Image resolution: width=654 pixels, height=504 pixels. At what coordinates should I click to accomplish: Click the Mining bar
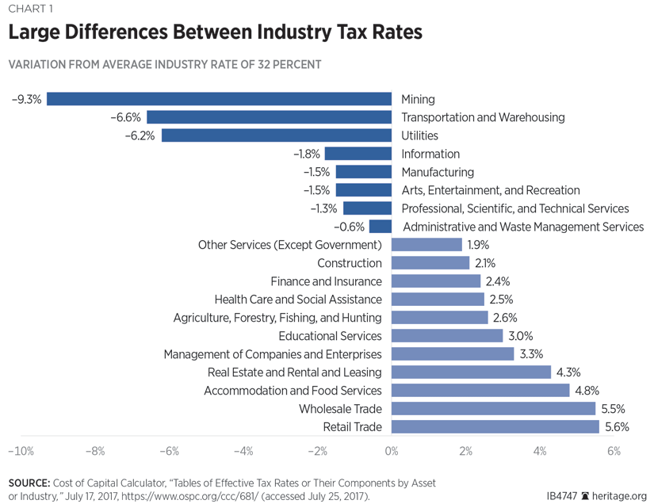tap(219, 99)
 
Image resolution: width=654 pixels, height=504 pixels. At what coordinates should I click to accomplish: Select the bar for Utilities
tap(277, 136)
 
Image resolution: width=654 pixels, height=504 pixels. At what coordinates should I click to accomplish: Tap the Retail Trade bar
tap(495, 427)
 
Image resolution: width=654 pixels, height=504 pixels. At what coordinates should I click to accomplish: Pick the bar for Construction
tap(430, 263)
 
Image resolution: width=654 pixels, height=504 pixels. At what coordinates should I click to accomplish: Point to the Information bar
tap(358, 154)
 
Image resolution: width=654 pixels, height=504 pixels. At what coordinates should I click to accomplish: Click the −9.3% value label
tap(26, 99)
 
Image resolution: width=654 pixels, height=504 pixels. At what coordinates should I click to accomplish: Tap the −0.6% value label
tap(350, 227)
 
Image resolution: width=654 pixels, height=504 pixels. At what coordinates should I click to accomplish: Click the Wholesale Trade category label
tap(340, 409)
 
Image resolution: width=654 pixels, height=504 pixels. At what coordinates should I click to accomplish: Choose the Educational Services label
tap(331, 336)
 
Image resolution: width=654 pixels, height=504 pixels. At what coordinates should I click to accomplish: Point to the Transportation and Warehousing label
tap(483, 117)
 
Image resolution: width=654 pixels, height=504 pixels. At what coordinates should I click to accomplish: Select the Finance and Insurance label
tap(326, 281)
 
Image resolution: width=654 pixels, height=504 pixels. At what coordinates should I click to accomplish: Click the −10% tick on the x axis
tap(20, 452)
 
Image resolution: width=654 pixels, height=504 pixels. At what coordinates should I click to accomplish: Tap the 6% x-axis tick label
tap(613, 452)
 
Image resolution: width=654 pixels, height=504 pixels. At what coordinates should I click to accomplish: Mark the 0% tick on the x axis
tap(392, 452)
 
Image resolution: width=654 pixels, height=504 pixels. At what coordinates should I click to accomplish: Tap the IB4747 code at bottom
tap(562, 496)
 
